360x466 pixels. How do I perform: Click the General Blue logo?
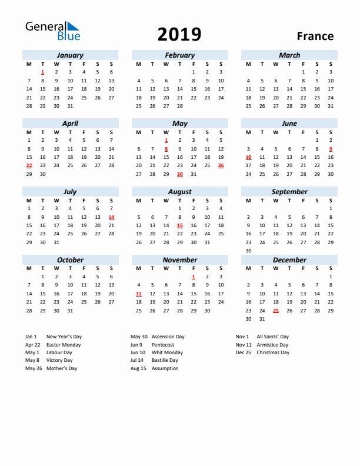point(52,31)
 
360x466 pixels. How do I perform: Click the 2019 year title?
point(179,35)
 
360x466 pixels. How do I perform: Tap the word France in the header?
point(315,36)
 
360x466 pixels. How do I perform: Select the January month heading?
point(70,55)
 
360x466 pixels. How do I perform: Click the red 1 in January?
point(43,72)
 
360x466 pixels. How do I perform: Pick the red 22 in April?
point(29,165)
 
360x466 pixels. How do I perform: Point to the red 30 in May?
point(179,174)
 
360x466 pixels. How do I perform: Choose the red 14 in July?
point(111,217)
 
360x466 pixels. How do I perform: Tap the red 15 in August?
point(179,225)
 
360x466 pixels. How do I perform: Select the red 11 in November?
point(138,294)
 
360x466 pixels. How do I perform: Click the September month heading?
point(289,192)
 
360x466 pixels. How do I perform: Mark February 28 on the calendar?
point(179,106)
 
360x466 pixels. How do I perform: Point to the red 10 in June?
point(248,157)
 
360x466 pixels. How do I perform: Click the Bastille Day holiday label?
point(165,360)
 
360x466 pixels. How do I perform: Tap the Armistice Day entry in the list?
point(272,345)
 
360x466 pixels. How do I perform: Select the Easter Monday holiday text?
point(64,345)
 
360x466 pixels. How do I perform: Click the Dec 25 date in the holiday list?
point(244,352)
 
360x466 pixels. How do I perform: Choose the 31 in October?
point(70,311)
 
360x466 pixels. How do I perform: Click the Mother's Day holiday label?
point(62,368)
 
